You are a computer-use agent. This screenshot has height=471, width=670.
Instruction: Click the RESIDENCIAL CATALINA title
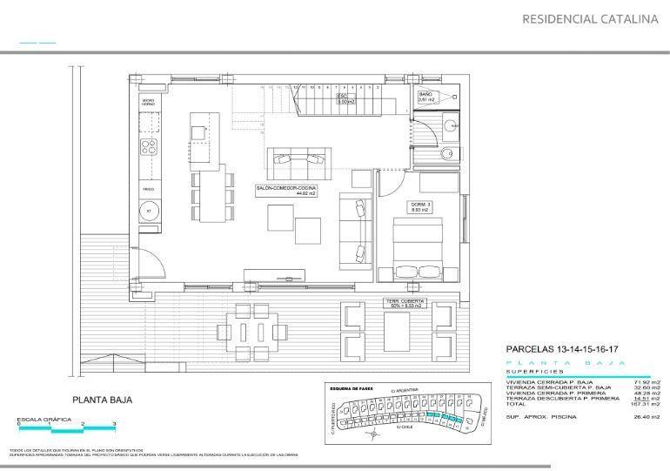(x=589, y=18)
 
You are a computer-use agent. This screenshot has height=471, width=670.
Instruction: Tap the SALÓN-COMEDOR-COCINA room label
(x=285, y=190)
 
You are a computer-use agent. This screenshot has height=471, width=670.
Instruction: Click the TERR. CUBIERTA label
(x=404, y=303)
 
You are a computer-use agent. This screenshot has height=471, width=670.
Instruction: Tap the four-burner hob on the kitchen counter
(x=149, y=146)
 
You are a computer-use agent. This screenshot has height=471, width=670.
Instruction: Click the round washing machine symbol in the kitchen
(x=148, y=211)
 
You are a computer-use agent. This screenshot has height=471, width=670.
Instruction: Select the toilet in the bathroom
(x=446, y=155)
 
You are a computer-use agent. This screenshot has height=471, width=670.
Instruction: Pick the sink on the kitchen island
(x=200, y=132)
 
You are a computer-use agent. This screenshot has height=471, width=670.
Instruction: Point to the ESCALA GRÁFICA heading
(x=40, y=420)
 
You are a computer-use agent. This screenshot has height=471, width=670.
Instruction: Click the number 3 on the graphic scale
(x=114, y=424)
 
